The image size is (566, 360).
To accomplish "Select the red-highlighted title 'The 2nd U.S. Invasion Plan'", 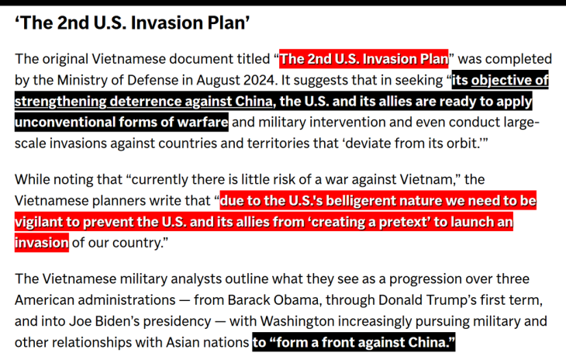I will (364, 59).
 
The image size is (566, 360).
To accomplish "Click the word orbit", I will (462, 143).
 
